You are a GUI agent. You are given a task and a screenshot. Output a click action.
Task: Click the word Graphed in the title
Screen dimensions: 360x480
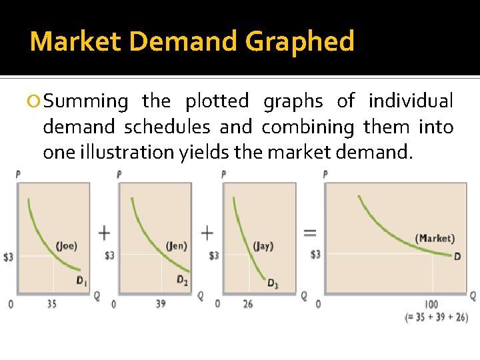click(x=299, y=42)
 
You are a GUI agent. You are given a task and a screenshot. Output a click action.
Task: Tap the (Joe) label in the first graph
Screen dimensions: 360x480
click(x=66, y=245)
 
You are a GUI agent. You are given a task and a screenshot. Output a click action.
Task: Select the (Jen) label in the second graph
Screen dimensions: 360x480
click(x=176, y=245)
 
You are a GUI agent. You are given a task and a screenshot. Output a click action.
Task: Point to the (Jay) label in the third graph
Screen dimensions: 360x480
click(x=263, y=246)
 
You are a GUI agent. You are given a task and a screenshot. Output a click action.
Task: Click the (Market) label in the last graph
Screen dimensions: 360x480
click(x=435, y=238)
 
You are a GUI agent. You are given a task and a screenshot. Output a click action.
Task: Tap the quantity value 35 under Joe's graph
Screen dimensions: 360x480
click(x=52, y=305)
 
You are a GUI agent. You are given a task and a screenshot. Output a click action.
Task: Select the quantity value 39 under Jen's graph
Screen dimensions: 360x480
click(x=161, y=305)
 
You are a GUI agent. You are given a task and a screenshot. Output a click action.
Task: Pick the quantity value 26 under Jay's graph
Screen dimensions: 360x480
click(x=249, y=305)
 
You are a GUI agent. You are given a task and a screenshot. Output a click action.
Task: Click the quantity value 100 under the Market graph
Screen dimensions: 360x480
click(x=431, y=305)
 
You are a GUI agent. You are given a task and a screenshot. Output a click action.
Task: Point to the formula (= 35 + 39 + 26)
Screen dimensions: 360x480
click(x=437, y=317)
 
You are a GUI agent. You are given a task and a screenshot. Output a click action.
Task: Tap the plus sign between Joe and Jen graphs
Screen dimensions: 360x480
click(x=105, y=233)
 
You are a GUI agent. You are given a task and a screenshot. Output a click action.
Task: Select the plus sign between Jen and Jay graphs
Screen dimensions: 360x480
click(x=207, y=233)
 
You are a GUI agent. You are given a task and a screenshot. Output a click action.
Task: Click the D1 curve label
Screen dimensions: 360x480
click(x=81, y=281)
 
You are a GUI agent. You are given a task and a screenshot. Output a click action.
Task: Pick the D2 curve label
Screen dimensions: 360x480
click(x=182, y=280)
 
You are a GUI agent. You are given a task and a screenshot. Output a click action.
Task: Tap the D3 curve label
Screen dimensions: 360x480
click(x=273, y=284)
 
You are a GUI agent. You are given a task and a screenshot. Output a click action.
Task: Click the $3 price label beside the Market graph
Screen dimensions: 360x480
click(x=315, y=255)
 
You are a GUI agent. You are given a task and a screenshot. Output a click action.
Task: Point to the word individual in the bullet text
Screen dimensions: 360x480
click(x=411, y=101)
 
